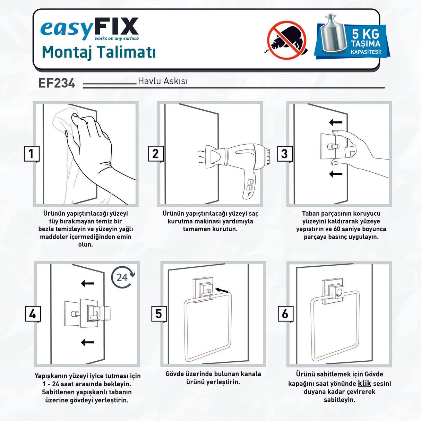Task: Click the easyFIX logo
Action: point(89,29)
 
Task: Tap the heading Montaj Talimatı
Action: point(98,52)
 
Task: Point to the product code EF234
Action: point(57,83)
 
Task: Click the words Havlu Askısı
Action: point(163,81)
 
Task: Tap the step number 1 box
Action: point(32,154)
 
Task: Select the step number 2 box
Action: point(156,154)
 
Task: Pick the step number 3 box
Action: point(285,154)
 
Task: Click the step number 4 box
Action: point(33,314)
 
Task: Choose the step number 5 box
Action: point(159,314)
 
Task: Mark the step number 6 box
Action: point(285,314)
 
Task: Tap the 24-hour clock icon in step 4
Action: point(123,277)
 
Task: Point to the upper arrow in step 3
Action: point(336,122)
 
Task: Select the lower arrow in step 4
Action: point(88,342)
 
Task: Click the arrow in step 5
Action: point(222,290)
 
